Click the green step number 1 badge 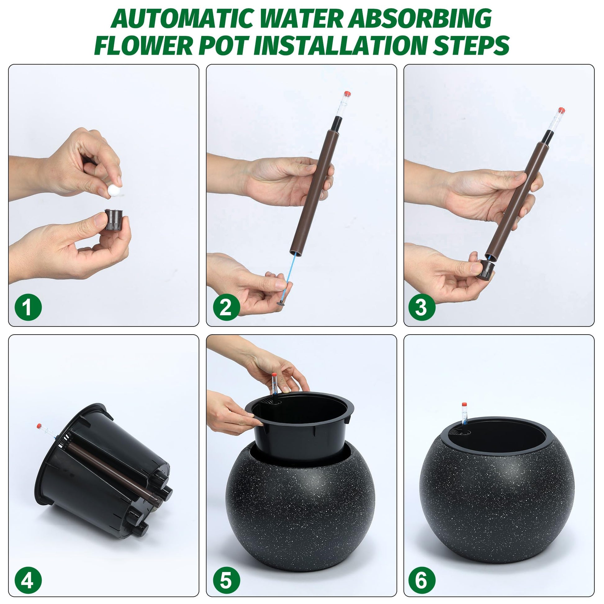click(28, 307)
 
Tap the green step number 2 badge click(226, 307)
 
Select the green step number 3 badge click(422, 307)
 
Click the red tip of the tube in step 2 click(347, 93)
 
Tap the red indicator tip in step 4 click(39, 426)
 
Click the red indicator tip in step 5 click(274, 375)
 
